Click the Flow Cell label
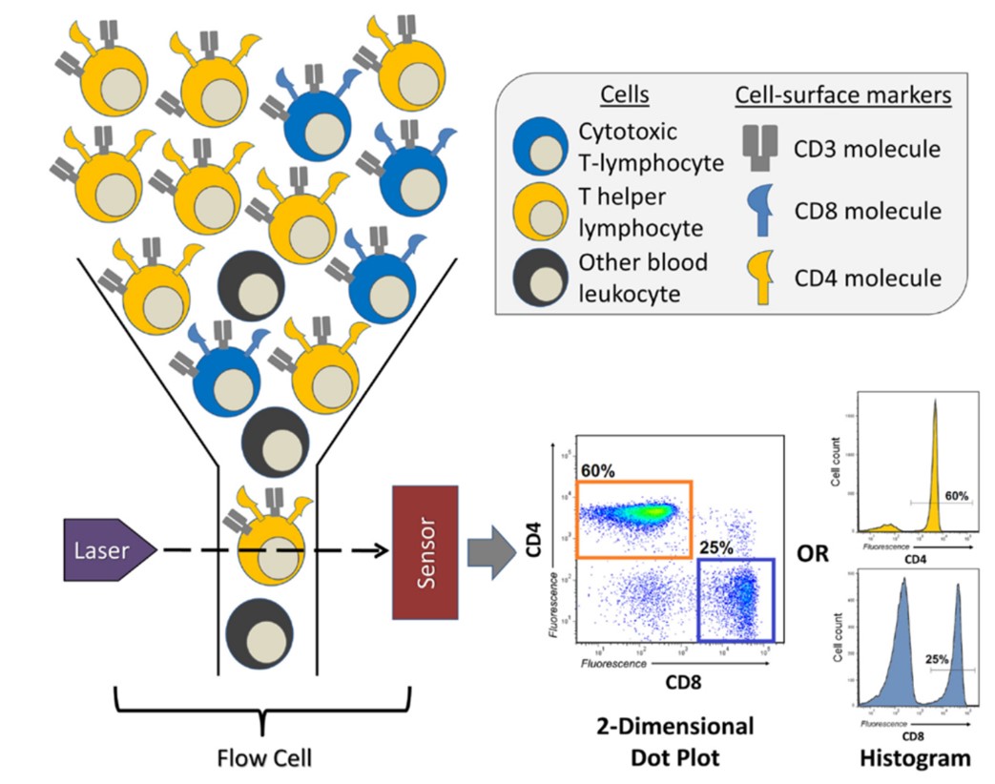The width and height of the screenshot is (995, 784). click(x=262, y=758)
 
